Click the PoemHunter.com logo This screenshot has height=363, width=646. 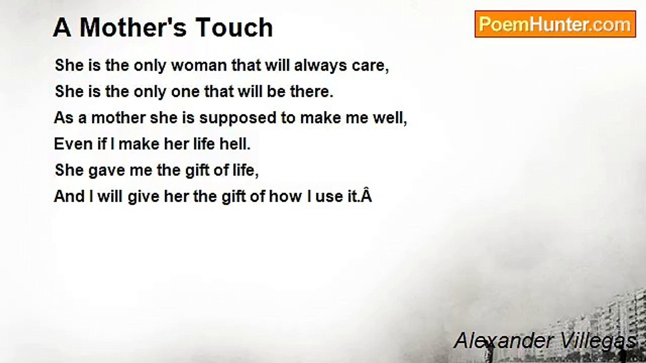(x=555, y=24)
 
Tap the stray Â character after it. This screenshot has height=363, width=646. (x=366, y=195)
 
